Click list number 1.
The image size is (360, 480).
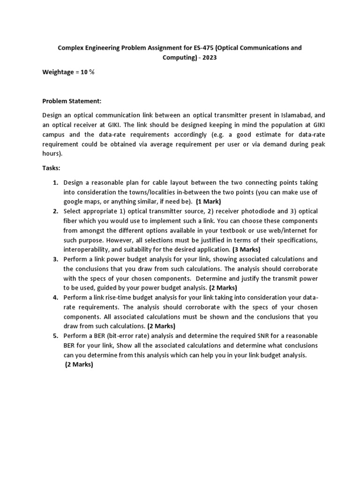click(x=55, y=182)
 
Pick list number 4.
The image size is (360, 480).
click(x=55, y=298)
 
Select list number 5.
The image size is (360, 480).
click(x=55, y=336)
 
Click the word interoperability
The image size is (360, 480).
click(x=86, y=249)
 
